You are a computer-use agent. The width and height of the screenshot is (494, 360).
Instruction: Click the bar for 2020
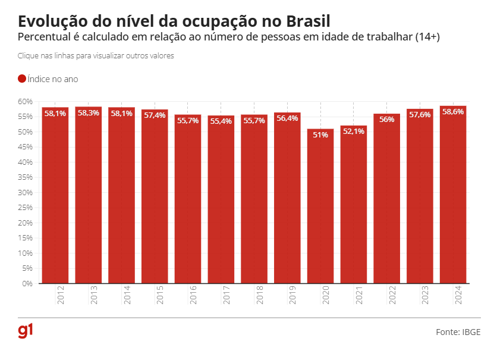320,206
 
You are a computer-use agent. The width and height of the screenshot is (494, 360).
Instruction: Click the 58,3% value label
89,113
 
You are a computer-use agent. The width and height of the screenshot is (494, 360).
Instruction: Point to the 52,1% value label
354,132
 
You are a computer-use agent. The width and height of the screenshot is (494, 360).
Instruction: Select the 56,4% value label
288,118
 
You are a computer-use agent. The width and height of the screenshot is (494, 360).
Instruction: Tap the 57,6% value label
420,115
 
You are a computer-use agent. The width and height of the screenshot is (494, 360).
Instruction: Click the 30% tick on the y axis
24,193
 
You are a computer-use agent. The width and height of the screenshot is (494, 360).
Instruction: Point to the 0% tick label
27,284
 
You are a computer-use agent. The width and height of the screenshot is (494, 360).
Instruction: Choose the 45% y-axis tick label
24,147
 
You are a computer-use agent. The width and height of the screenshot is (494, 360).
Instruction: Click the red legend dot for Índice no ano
22,79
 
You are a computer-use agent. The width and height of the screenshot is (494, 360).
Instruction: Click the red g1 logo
26,332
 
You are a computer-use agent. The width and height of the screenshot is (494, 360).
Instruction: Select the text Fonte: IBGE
458,332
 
